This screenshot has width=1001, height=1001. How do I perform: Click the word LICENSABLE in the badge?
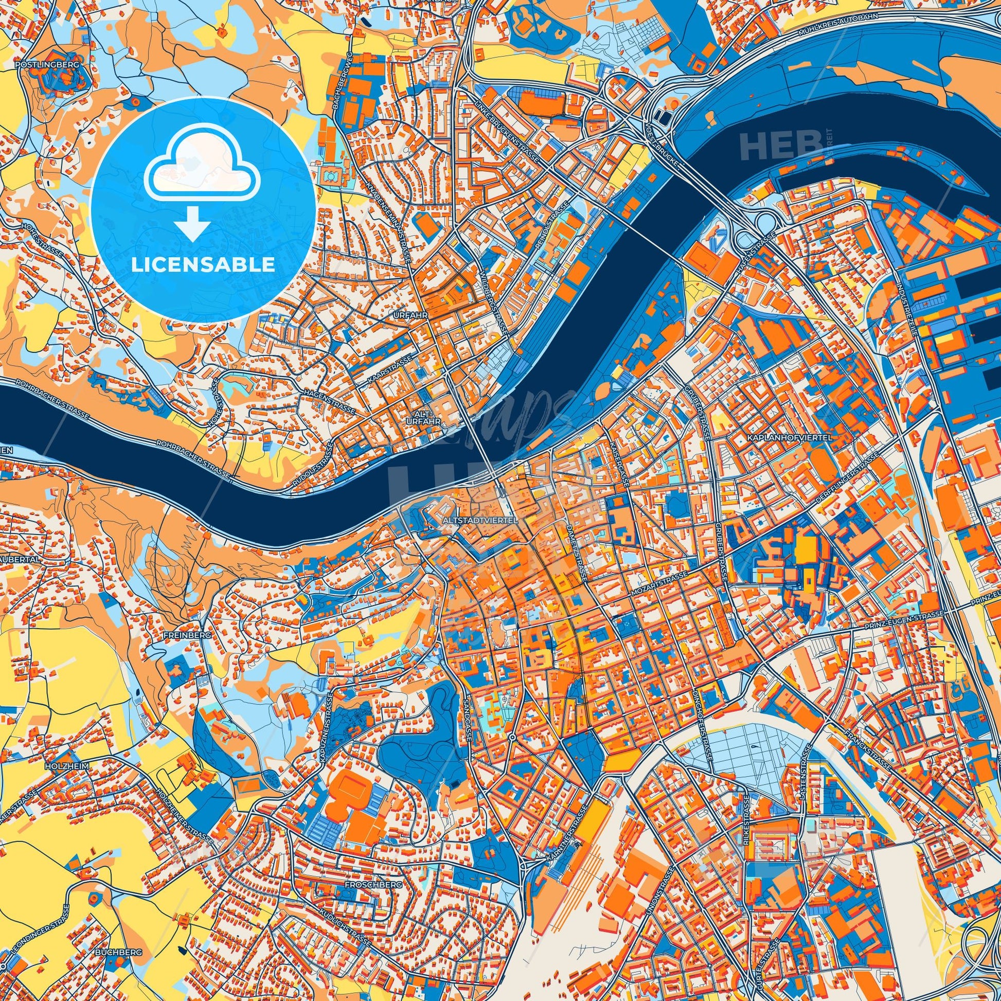203,265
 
